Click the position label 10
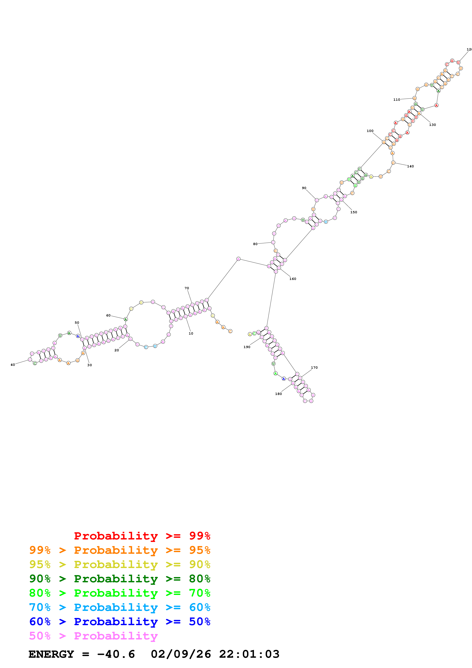[191, 333]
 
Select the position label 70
[187, 288]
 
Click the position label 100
[370, 131]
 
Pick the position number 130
[432, 125]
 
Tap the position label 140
[410, 166]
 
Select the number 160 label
[293, 279]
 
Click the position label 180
[278, 394]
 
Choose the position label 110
[397, 100]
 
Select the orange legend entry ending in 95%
[120, 550]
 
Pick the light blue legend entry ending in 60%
[120, 607]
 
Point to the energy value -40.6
[116, 654]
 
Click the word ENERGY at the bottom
[51, 654]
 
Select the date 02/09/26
[181, 654]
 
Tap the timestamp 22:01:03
[249, 654]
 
